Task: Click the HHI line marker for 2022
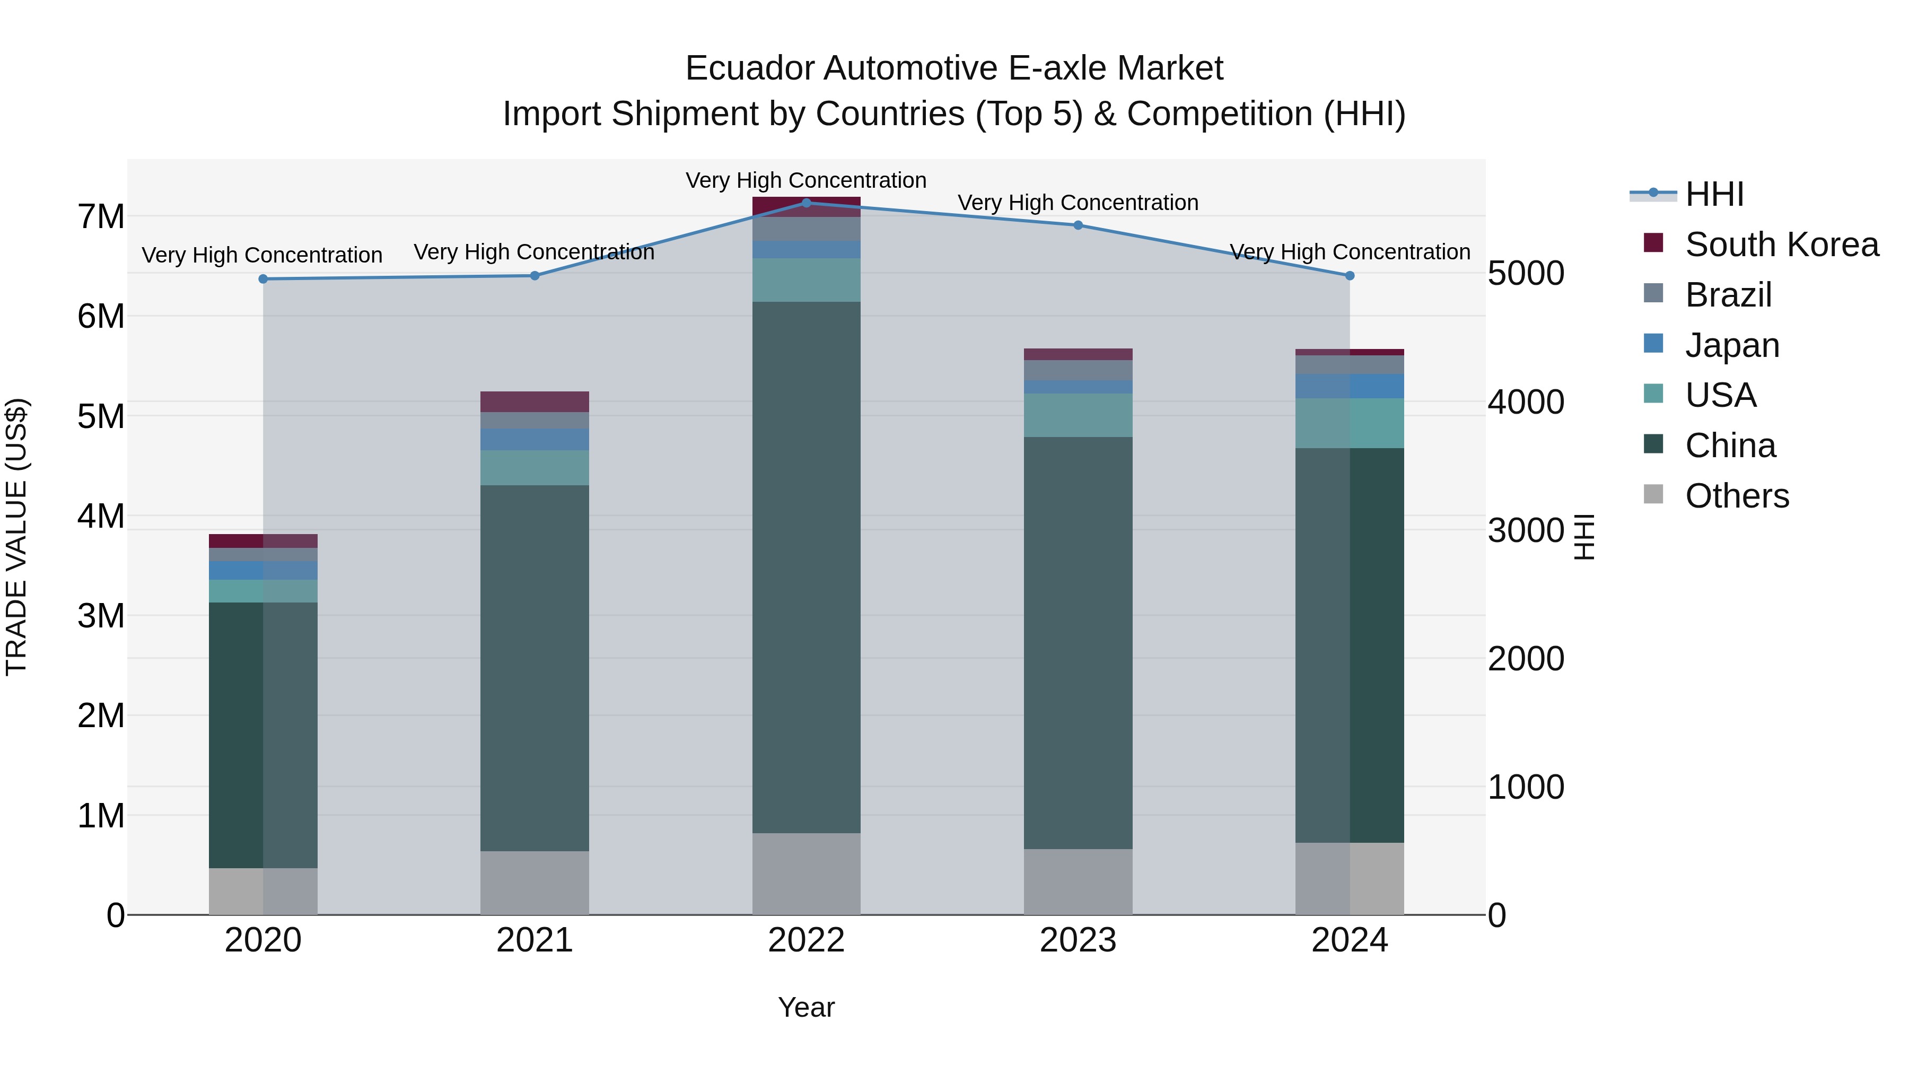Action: tap(806, 203)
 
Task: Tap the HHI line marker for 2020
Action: tap(263, 278)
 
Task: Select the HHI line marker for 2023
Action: tap(1078, 225)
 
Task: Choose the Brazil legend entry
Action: tap(1728, 295)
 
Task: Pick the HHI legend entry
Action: tap(1713, 194)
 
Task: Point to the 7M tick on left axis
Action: tap(101, 216)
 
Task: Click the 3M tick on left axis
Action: tap(101, 616)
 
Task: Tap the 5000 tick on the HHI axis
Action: tap(1526, 274)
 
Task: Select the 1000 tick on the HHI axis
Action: tap(1526, 787)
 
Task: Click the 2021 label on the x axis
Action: tap(535, 940)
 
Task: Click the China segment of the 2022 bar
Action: tap(806, 567)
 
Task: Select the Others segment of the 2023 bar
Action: tap(1078, 882)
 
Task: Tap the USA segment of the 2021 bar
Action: tap(535, 468)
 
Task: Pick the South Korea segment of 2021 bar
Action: tap(535, 401)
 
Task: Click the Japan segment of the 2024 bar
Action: tap(1350, 386)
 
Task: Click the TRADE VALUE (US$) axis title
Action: tap(17, 537)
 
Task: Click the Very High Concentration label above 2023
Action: tap(1078, 203)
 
